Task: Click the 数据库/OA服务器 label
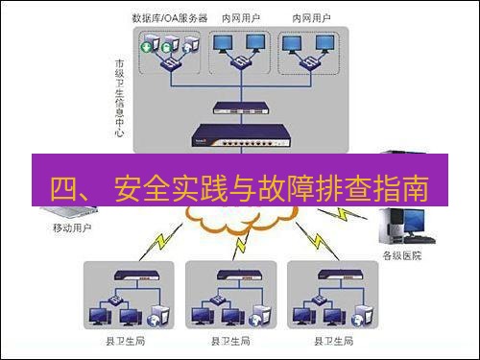click(170, 17)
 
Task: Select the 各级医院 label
click(402, 256)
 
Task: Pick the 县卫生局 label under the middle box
click(230, 342)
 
